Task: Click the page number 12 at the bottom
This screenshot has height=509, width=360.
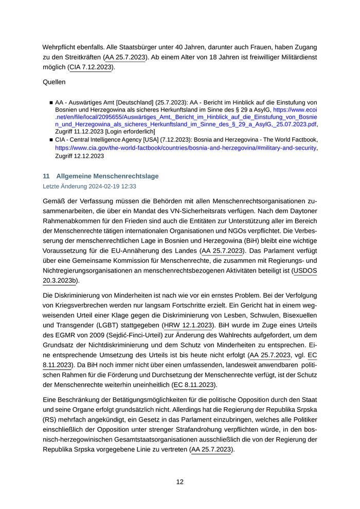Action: [180, 482]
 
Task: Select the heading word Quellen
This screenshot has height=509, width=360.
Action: [54, 81]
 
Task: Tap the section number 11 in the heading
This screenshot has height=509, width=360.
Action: [46, 176]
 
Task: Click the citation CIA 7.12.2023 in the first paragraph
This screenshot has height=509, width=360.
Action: [91, 67]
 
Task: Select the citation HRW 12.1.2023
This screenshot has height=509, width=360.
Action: [188, 325]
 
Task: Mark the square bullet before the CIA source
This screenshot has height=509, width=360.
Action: [51, 139]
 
